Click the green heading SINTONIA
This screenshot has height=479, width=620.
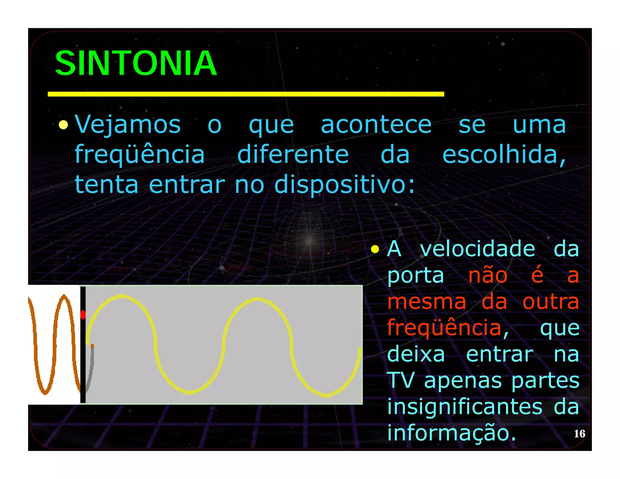pos(136,63)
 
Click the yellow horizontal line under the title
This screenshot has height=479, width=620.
pos(246,94)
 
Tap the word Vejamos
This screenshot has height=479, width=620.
pos(127,124)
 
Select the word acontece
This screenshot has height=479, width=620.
pos(376,124)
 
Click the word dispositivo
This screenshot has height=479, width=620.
pos(344,185)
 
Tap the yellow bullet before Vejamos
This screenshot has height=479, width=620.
pos(63,124)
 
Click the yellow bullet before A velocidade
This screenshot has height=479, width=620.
pos(375,249)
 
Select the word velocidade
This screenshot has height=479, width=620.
pos(477,249)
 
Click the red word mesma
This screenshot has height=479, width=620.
pos(427,302)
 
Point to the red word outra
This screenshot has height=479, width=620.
pos(551,302)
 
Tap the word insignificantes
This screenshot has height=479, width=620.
pos(465,407)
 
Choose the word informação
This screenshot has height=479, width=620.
pos(451,433)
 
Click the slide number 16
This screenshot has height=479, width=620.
pos(579,434)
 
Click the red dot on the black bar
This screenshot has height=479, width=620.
pos(83,315)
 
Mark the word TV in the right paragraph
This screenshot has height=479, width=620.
pos(401,380)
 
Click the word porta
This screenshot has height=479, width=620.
pos(415,276)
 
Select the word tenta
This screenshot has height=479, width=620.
pos(107,185)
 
